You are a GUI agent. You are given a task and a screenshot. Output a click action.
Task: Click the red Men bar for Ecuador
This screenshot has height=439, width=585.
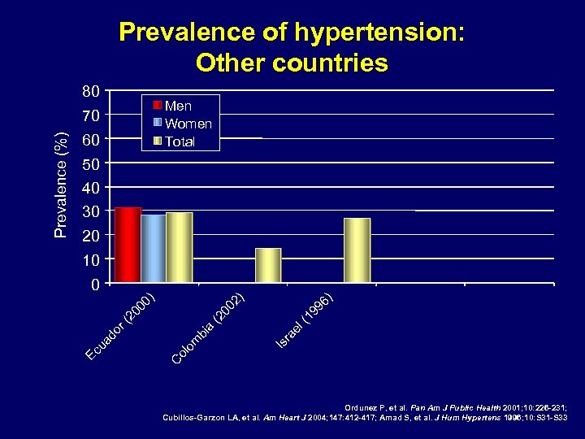point(128,246)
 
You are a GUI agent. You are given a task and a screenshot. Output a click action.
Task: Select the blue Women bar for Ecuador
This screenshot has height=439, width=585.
point(153,249)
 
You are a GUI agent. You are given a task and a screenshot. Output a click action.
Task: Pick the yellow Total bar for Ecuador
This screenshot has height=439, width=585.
point(179,248)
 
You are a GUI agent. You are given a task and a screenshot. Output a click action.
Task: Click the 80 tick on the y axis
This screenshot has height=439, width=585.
point(92,90)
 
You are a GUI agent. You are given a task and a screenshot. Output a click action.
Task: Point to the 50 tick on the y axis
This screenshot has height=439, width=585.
point(92,163)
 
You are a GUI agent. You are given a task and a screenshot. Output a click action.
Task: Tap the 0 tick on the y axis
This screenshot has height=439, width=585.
point(96,285)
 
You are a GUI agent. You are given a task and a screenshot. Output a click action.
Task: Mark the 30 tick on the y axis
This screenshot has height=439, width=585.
point(92,211)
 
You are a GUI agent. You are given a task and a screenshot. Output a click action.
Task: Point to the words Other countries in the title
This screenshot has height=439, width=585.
point(292,63)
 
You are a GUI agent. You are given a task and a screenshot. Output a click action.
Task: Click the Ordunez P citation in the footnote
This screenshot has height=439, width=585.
point(456,407)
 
